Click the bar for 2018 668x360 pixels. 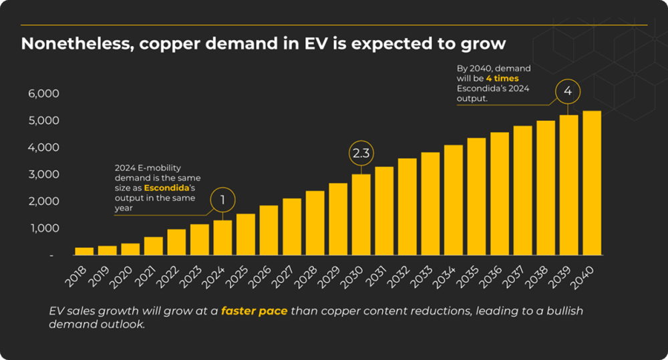coord(84,251)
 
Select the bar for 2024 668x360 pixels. coord(222,238)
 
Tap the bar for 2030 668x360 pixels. coord(361,214)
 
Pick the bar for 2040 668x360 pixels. coord(592,183)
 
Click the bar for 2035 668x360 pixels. coord(476,196)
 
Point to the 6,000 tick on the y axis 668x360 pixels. coord(44,94)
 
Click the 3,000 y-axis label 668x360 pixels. coord(44,174)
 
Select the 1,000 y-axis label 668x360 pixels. coord(44,228)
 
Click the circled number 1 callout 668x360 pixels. coord(222,200)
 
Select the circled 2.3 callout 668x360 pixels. coord(361,154)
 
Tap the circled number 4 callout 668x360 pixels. coord(568,92)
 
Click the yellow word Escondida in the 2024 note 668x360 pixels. coord(166,188)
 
